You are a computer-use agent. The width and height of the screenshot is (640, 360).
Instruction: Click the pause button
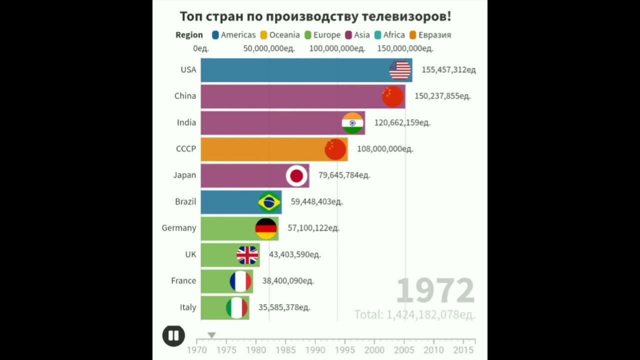[x=173, y=335]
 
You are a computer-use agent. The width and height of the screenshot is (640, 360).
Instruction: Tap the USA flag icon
[x=400, y=70]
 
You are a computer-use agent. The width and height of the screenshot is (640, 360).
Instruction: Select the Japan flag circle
[x=296, y=175]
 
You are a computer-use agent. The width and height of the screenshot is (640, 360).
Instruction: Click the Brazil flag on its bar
[x=269, y=202]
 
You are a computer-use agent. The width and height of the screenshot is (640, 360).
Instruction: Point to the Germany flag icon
[x=266, y=228]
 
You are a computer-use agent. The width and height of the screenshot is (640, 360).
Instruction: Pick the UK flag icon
[x=247, y=255]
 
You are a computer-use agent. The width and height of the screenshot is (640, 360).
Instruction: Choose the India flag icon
[x=352, y=123]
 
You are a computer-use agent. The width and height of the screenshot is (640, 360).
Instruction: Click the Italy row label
[x=188, y=307]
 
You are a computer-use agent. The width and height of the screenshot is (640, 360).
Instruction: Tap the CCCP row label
[x=186, y=149]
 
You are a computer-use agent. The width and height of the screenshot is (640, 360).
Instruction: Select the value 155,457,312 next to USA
[x=448, y=70]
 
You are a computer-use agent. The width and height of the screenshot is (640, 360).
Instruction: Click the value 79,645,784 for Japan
[x=344, y=175]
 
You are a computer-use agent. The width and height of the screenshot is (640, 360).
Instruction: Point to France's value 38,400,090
[x=288, y=281]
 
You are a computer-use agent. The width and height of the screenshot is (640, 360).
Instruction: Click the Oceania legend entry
[x=280, y=35]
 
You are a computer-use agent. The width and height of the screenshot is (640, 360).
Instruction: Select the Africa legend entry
[x=389, y=35]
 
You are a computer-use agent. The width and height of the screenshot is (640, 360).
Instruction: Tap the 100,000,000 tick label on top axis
[x=337, y=48]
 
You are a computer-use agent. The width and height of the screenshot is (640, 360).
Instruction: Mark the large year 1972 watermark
[x=435, y=291]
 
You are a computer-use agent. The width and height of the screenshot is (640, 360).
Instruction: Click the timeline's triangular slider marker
[x=211, y=335]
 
